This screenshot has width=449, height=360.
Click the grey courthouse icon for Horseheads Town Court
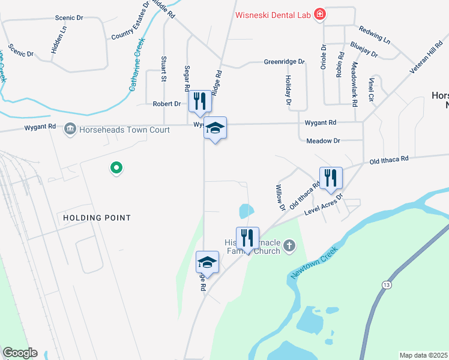[x=70, y=128]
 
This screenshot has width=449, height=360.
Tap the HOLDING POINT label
[x=97, y=217]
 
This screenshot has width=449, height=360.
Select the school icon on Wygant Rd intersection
[x=215, y=128]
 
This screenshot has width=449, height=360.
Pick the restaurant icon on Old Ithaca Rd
[x=330, y=178]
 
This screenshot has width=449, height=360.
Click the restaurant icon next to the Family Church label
[x=247, y=238]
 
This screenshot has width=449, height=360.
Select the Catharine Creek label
[x=137, y=65]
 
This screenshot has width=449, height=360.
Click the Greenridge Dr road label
[x=285, y=62]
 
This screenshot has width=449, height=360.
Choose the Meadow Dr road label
[x=323, y=140]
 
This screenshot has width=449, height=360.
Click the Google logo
[x=20, y=353]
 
